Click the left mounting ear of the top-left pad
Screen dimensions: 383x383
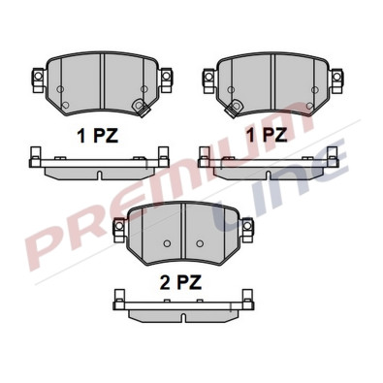point(38,75)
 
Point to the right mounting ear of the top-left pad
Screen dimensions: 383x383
point(167,75)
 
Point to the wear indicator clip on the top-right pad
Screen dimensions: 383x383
point(311,105)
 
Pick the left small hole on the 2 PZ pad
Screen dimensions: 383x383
point(166,242)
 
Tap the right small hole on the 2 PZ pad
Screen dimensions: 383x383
point(200,242)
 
